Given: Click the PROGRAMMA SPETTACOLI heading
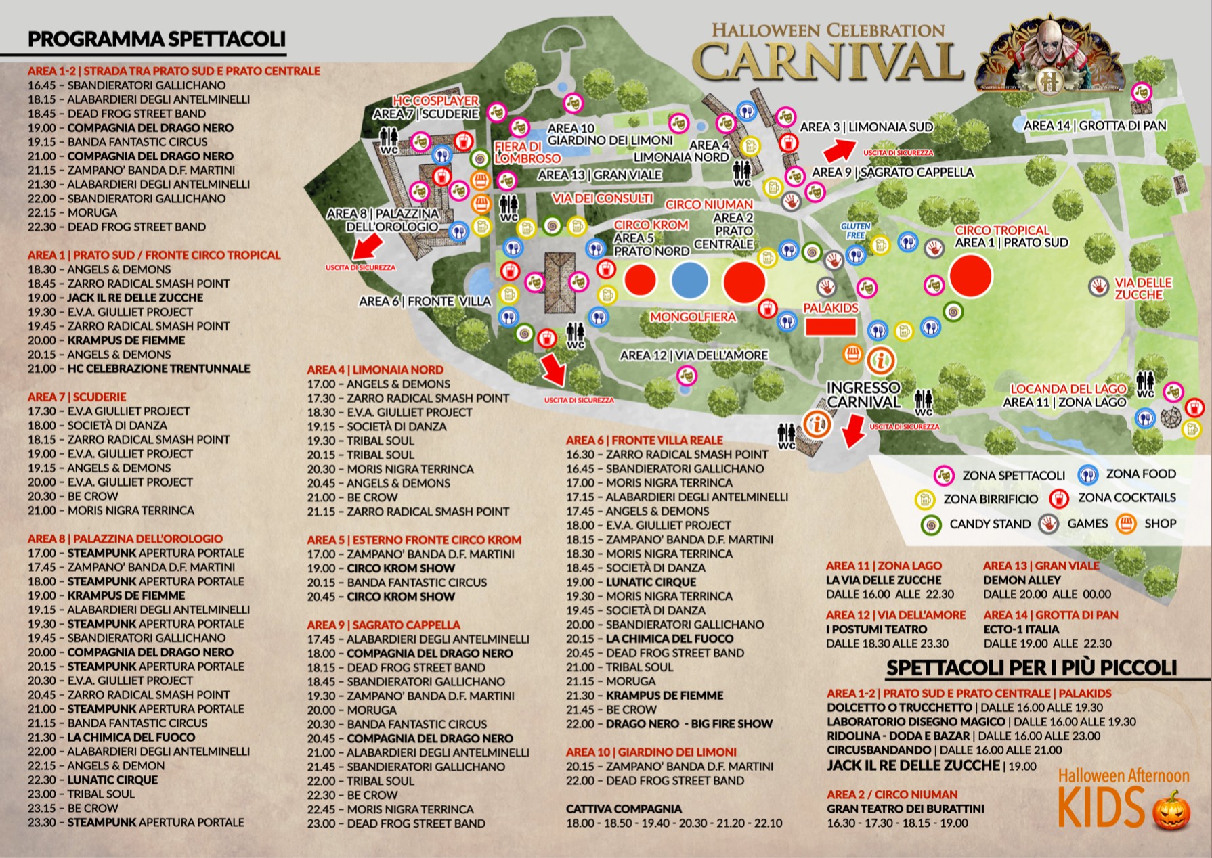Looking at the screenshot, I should click(156, 39).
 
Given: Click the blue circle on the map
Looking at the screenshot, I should click(689, 280).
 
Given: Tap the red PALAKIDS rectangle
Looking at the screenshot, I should click(830, 328).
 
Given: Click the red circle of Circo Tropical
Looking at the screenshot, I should click(970, 275).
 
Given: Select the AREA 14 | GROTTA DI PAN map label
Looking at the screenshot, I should click(1094, 126).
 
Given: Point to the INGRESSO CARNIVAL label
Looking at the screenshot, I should click(863, 394).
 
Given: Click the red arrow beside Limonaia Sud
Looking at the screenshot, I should click(839, 148).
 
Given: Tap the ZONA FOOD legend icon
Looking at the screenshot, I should click(1088, 475).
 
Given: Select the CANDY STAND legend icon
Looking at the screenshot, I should click(932, 524).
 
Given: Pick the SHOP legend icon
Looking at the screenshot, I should click(1126, 524).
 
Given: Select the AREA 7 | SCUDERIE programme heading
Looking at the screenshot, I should click(77, 397).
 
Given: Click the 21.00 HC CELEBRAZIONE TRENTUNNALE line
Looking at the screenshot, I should click(139, 369).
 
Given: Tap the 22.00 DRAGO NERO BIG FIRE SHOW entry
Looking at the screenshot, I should click(669, 724).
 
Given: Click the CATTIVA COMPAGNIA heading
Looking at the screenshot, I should click(624, 809).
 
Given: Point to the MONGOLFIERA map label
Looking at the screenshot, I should click(693, 317).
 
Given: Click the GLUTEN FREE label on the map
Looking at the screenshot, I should click(855, 231).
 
